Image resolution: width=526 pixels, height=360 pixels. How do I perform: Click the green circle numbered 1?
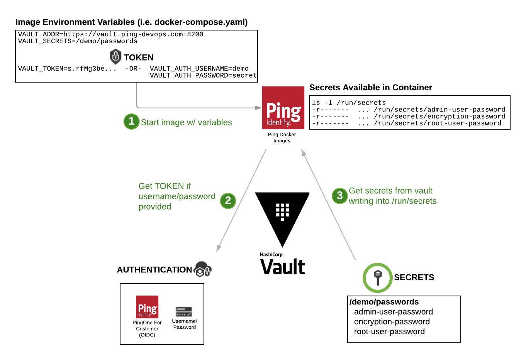(x=131, y=122)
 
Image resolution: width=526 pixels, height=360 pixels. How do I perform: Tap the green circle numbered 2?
(x=228, y=201)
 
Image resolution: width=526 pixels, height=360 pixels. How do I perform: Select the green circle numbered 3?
(x=339, y=196)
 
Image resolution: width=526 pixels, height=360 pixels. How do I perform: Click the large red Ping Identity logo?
(x=283, y=108)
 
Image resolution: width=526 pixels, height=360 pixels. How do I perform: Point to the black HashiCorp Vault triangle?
(x=282, y=214)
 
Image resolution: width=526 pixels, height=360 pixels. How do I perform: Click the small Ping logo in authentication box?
(x=147, y=307)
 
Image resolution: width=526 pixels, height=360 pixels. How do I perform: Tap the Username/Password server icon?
(x=184, y=312)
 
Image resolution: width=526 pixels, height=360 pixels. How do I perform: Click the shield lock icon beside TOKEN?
(x=115, y=57)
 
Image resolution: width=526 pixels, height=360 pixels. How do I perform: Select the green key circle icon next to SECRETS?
(x=377, y=277)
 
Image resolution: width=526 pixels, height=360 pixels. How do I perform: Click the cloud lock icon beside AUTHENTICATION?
(x=203, y=269)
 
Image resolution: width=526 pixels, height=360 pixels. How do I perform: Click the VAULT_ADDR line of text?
(x=110, y=34)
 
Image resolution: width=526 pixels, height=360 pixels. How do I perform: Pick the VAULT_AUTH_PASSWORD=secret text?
(x=203, y=76)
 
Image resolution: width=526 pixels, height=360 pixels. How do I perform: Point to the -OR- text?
(x=133, y=69)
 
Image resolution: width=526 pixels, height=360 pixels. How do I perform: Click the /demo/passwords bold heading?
(x=384, y=302)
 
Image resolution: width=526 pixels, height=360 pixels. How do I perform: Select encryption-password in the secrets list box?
(x=392, y=322)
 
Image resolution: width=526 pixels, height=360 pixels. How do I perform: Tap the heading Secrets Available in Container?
(x=370, y=88)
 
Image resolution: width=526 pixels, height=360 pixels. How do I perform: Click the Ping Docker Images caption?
(x=282, y=138)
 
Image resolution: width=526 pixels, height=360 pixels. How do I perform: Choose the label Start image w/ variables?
(x=186, y=122)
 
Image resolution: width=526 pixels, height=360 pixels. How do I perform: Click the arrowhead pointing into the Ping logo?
(x=258, y=108)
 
